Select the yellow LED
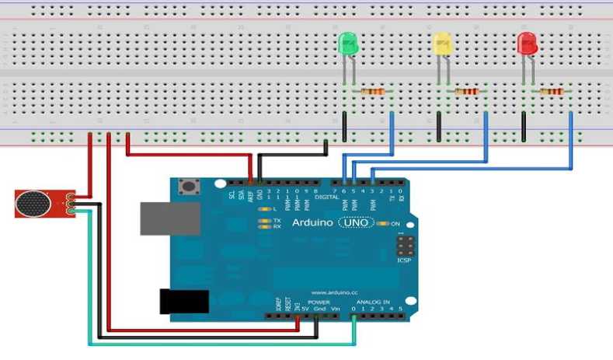click(442, 44)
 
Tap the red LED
click(528, 44)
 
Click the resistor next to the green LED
click(372, 93)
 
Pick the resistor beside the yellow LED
click(466, 93)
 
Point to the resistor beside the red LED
click(552, 93)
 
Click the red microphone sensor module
click(43, 204)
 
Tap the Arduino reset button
click(187, 187)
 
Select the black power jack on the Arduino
click(183, 301)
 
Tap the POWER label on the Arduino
click(320, 302)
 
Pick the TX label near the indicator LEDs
click(277, 220)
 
